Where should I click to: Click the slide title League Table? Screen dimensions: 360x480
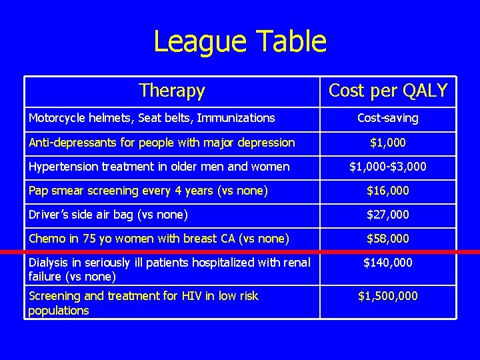240,41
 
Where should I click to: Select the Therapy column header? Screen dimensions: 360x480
172,90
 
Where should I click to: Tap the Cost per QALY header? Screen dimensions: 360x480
388,91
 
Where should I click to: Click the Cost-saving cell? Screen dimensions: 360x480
388,118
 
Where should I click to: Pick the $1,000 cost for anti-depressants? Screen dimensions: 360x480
388,142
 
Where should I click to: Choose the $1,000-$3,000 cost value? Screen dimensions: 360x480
388,166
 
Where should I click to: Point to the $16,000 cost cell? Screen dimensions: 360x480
388,191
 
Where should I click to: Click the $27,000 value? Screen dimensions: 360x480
388,215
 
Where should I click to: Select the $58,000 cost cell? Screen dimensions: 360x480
388,238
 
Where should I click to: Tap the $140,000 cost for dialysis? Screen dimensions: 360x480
388,263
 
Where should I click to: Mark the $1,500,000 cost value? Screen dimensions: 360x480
388,295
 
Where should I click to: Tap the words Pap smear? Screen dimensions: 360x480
56,191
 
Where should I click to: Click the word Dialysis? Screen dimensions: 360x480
47,263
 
